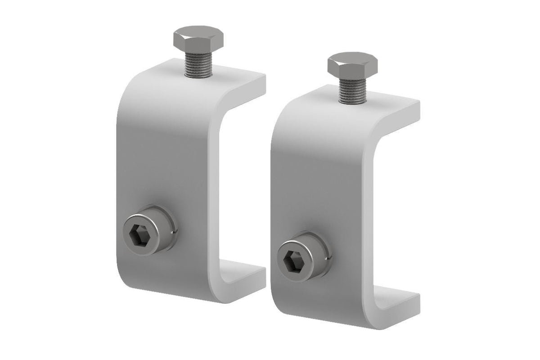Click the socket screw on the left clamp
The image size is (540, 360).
(x=149, y=231)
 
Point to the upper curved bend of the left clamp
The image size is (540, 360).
(x=135, y=90)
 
